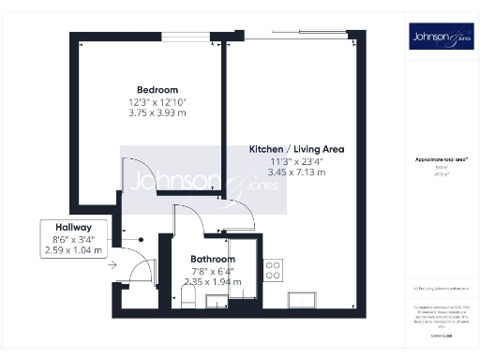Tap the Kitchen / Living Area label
click(294, 150)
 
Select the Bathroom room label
click(213, 259)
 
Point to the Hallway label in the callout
click(73, 227)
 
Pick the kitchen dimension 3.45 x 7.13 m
click(294, 173)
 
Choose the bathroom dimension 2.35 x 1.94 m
click(213, 282)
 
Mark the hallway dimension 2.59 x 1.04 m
click(73, 250)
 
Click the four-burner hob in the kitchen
click(274, 271)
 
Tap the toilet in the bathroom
click(188, 298)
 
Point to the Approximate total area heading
click(440, 159)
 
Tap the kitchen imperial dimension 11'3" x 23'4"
click(294, 161)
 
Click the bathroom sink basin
click(215, 299)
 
